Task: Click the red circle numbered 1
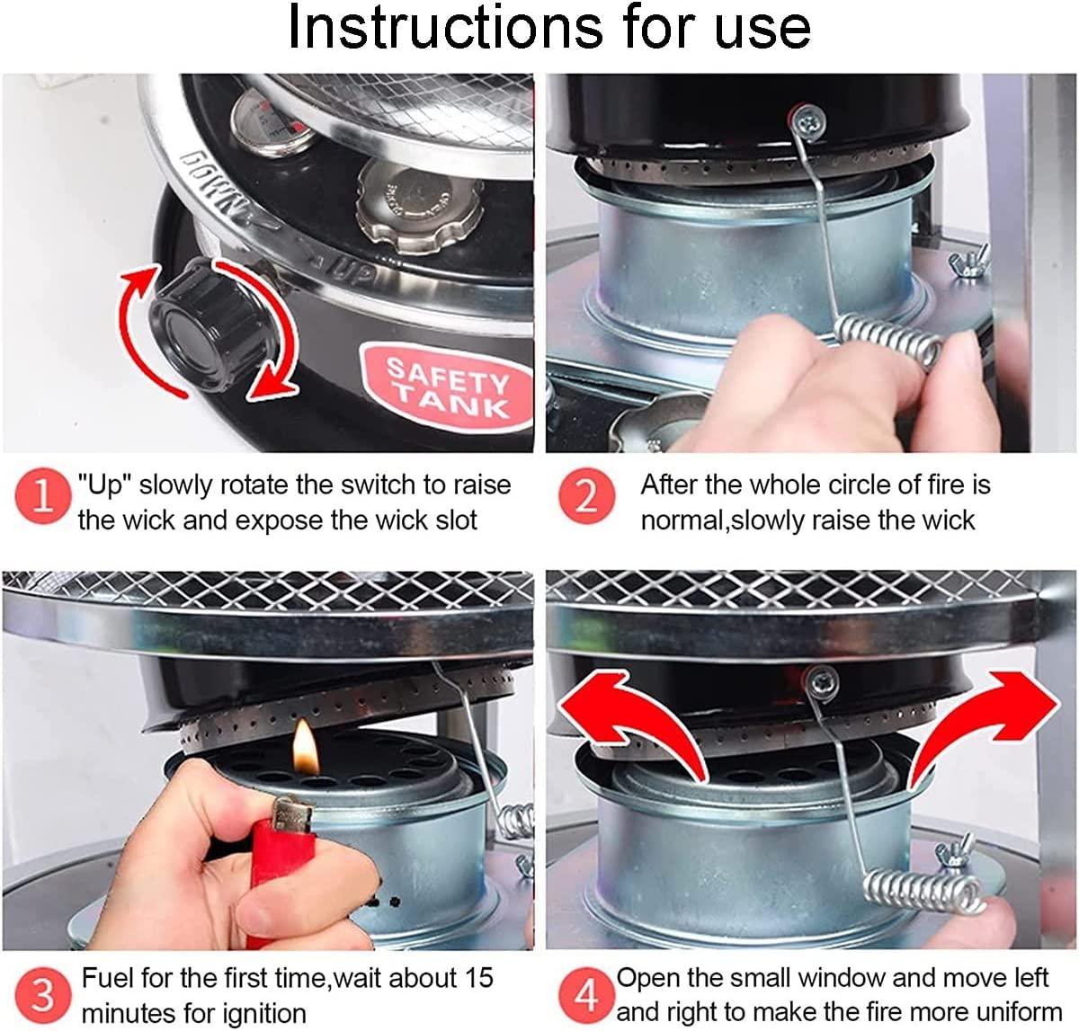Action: (42, 495)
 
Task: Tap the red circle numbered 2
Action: (586, 495)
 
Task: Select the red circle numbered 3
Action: (42, 995)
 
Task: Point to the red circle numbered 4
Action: (586, 995)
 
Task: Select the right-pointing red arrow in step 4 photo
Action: (985, 726)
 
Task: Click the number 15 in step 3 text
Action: (477, 978)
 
